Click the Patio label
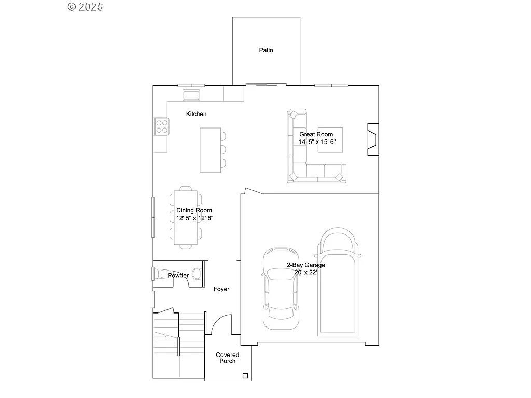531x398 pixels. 266,50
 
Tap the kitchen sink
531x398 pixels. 192,95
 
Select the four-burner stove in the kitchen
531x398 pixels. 161,126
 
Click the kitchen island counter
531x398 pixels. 210,150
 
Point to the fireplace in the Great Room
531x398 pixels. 372,139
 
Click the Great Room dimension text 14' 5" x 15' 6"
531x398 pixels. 316,141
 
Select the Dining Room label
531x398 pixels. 194,210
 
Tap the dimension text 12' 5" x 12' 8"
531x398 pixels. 194,218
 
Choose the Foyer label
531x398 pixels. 221,289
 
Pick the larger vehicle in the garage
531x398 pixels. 339,282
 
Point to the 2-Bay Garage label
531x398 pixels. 306,265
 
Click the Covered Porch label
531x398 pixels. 228,358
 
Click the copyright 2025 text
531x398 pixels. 86,7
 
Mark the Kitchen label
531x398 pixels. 197,114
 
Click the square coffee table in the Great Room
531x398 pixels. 330,140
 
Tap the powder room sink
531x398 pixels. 161,274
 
